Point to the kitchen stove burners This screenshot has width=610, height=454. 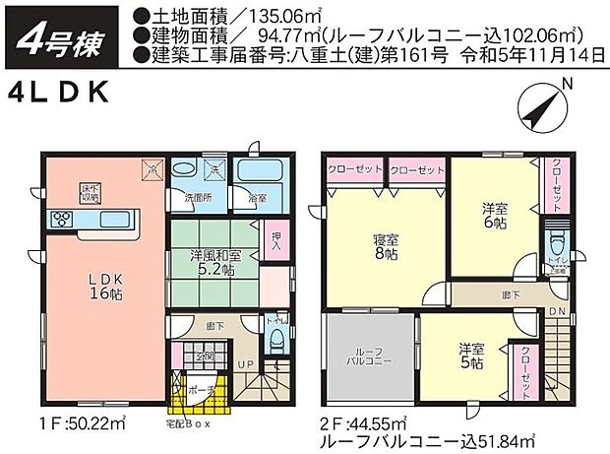(57, 218)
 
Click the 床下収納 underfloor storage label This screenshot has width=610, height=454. (91, 193)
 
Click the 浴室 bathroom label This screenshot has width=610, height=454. (259, 199)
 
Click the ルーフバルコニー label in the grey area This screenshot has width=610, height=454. (368, 357)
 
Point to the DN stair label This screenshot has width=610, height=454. (558, 310)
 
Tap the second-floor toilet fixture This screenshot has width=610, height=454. (558, 240)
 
